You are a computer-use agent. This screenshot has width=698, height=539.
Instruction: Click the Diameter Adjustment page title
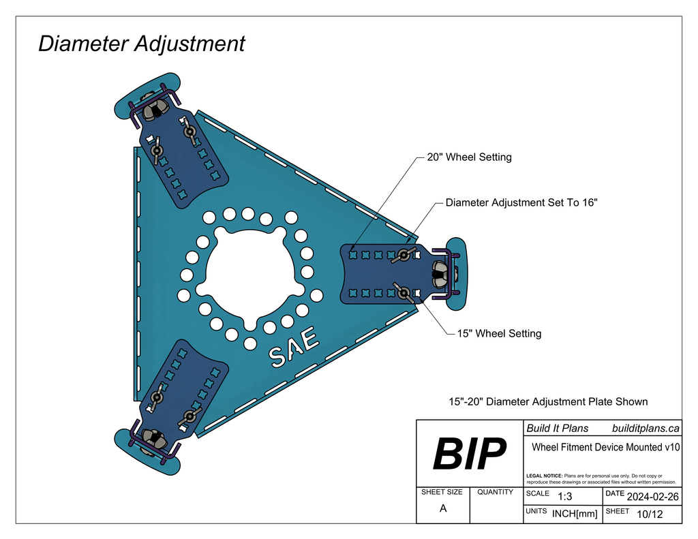coord(141,44)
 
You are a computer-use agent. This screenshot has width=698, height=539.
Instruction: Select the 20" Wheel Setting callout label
coord(469,157)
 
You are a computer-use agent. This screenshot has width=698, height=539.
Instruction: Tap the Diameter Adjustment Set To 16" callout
coord(521,203)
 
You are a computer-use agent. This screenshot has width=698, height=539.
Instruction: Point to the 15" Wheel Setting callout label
coord(499,334)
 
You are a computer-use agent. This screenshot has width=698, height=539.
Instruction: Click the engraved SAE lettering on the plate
coord(294,347)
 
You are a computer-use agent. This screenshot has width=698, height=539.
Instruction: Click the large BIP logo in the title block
coord(470,454)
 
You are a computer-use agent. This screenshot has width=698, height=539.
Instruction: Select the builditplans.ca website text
coord(646,429)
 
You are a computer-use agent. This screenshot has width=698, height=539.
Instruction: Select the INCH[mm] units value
coord(575,514)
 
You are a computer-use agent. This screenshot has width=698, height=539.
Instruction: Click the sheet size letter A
coord(443,508)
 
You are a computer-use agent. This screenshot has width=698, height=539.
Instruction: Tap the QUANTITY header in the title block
coord(496,492)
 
